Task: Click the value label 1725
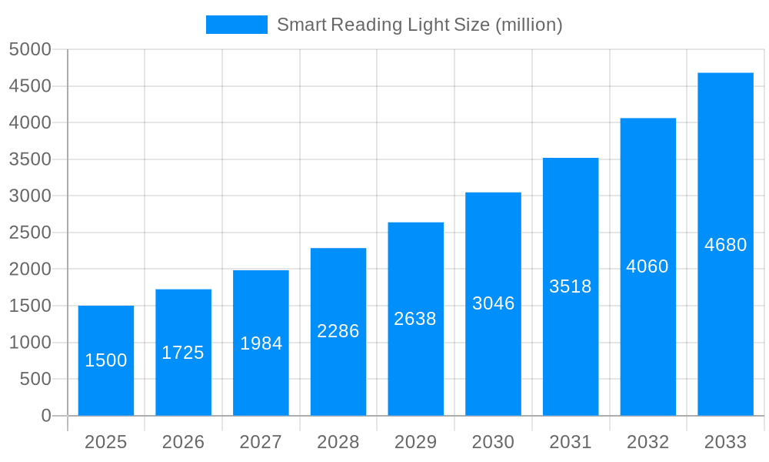pyautogui.click(x=183, y=353)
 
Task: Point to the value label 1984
pyautogui.click(x=261, y=343)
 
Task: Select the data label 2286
pyautogui.click(x=338, y=331)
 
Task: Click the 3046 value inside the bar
pyautogui.click(x=493, y=303)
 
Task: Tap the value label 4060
pyautogui.click(x=647, y=266)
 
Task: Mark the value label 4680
pyautogui.click(x=725, y=245)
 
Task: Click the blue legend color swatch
pyautogui.click(x=236, y=25)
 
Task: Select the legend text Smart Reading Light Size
pyautogui.click(x=419, y=25)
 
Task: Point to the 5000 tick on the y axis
pyautogui.click(x=30, y=49)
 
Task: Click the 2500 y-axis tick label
pyautogui.click(x=30, y=233)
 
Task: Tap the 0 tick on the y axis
pyautogui.click(x=45, y=416)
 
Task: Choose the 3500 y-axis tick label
pyautogui.click(x=30, y=159)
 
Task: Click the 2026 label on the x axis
pyautogui.click(x=183, y=442)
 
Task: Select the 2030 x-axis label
pyautogui.click(x=493, y=442)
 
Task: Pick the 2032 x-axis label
pyautogui.click(x=647, y=442)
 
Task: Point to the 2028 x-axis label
pyautogui.click(x=338, y=442)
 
